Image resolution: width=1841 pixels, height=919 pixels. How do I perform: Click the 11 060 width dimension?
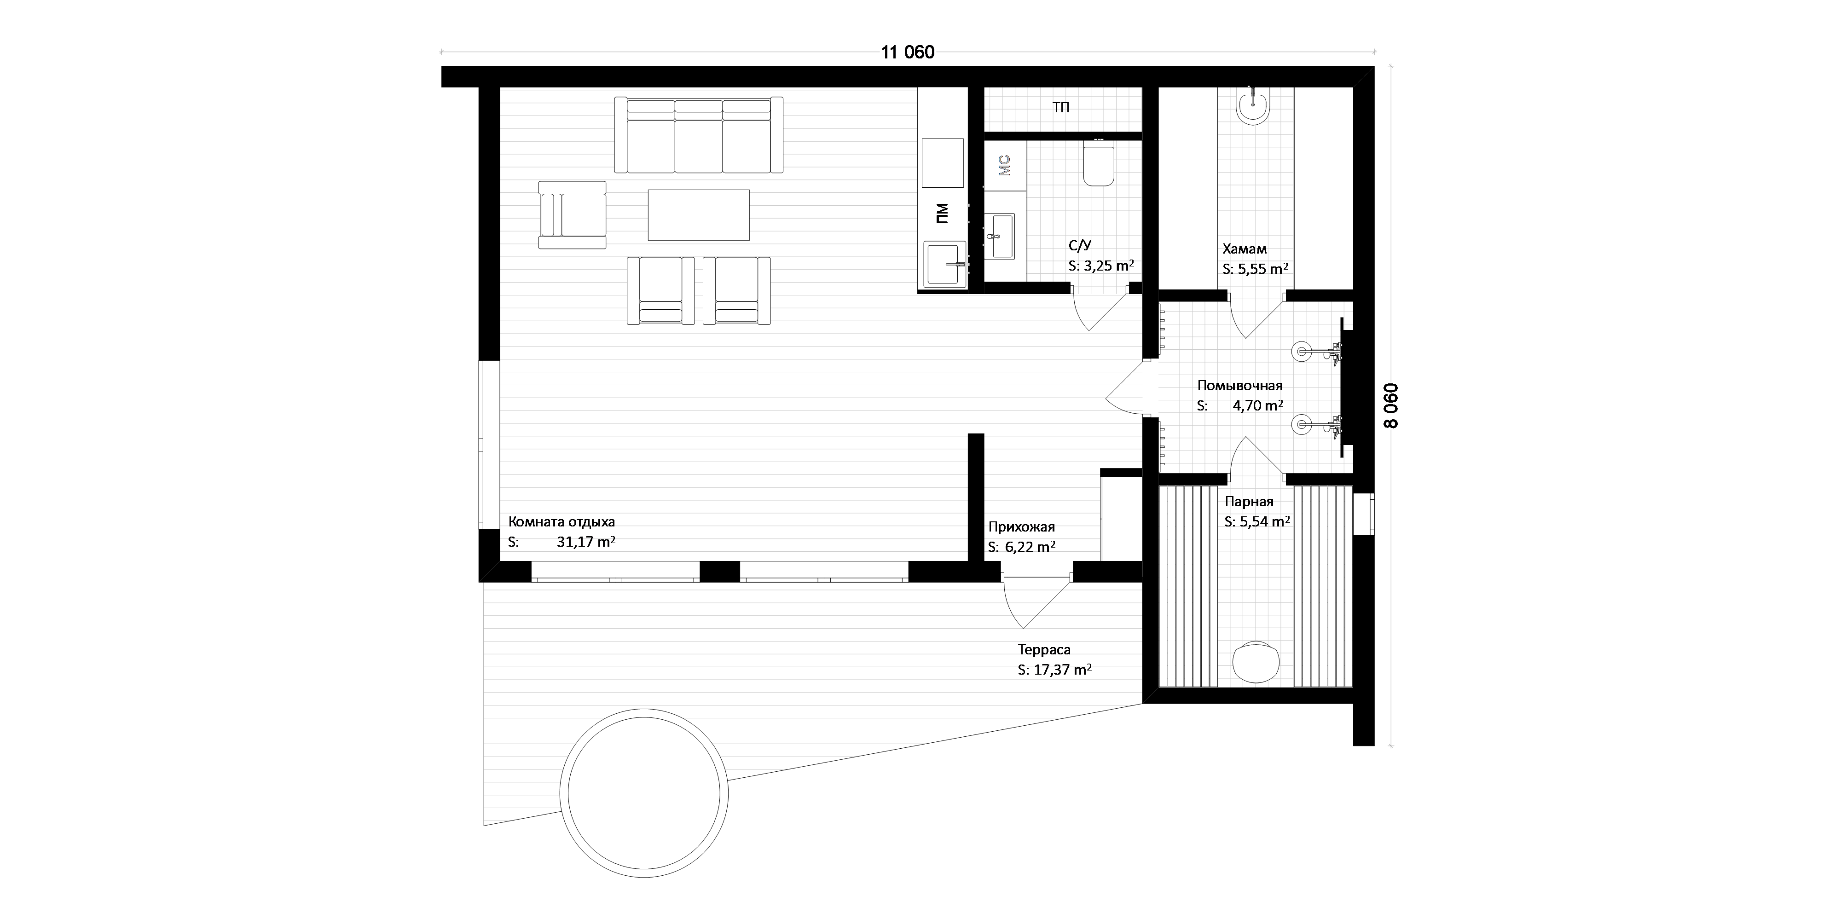pyautogui.click(x=908, y=52)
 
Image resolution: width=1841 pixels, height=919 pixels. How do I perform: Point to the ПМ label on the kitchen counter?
pyautogui.click(x=942, y=213)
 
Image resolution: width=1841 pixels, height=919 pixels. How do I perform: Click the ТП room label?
pyautogui.click(x=1061, y=108)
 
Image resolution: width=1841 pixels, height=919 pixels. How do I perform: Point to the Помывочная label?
pyautogui.click(x=1240, y=385)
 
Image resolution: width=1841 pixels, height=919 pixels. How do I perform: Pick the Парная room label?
pyautogui.click(x=1249, y=502)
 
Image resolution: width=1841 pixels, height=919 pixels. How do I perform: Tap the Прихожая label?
pyautogui.click(x=1021, y=527)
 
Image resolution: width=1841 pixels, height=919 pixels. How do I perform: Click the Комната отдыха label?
pyautogui.click(x=562, y=522)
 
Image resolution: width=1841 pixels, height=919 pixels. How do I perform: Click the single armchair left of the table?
pyautogui.click(x=572, y=215)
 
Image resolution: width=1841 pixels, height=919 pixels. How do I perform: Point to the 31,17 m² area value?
pyautogui.click(x=586, y=542)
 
